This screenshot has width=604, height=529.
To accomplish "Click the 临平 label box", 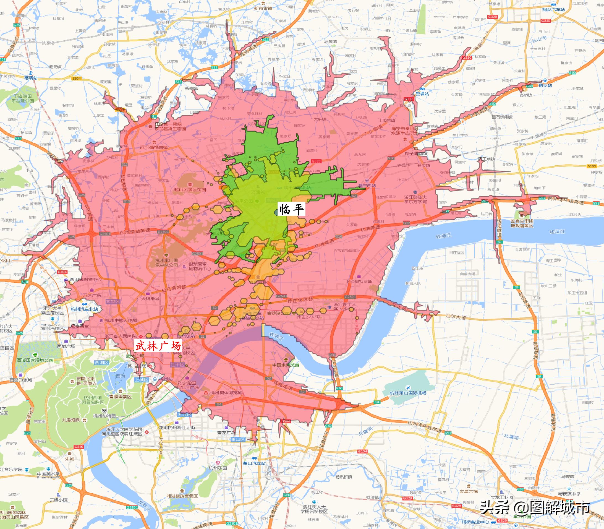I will [291, 209].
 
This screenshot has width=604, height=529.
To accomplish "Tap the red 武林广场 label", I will [158, 345].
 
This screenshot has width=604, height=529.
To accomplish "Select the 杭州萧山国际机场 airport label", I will [408, 393].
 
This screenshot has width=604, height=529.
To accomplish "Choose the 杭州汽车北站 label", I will [84, 309].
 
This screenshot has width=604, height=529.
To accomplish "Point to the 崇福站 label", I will [422, 93].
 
